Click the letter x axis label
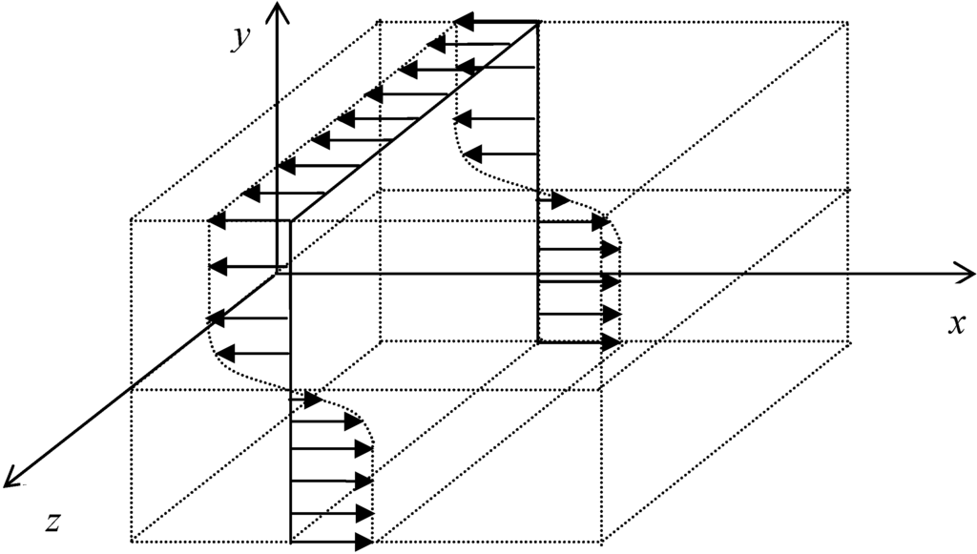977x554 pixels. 956,323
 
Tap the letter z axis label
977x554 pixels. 55,521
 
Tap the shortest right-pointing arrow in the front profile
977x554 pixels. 305,399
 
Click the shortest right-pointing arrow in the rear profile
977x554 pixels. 553,201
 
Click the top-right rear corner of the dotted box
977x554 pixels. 847,21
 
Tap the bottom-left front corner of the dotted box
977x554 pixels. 131,543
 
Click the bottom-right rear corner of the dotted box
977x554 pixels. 847,340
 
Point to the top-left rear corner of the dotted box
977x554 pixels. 380,21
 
